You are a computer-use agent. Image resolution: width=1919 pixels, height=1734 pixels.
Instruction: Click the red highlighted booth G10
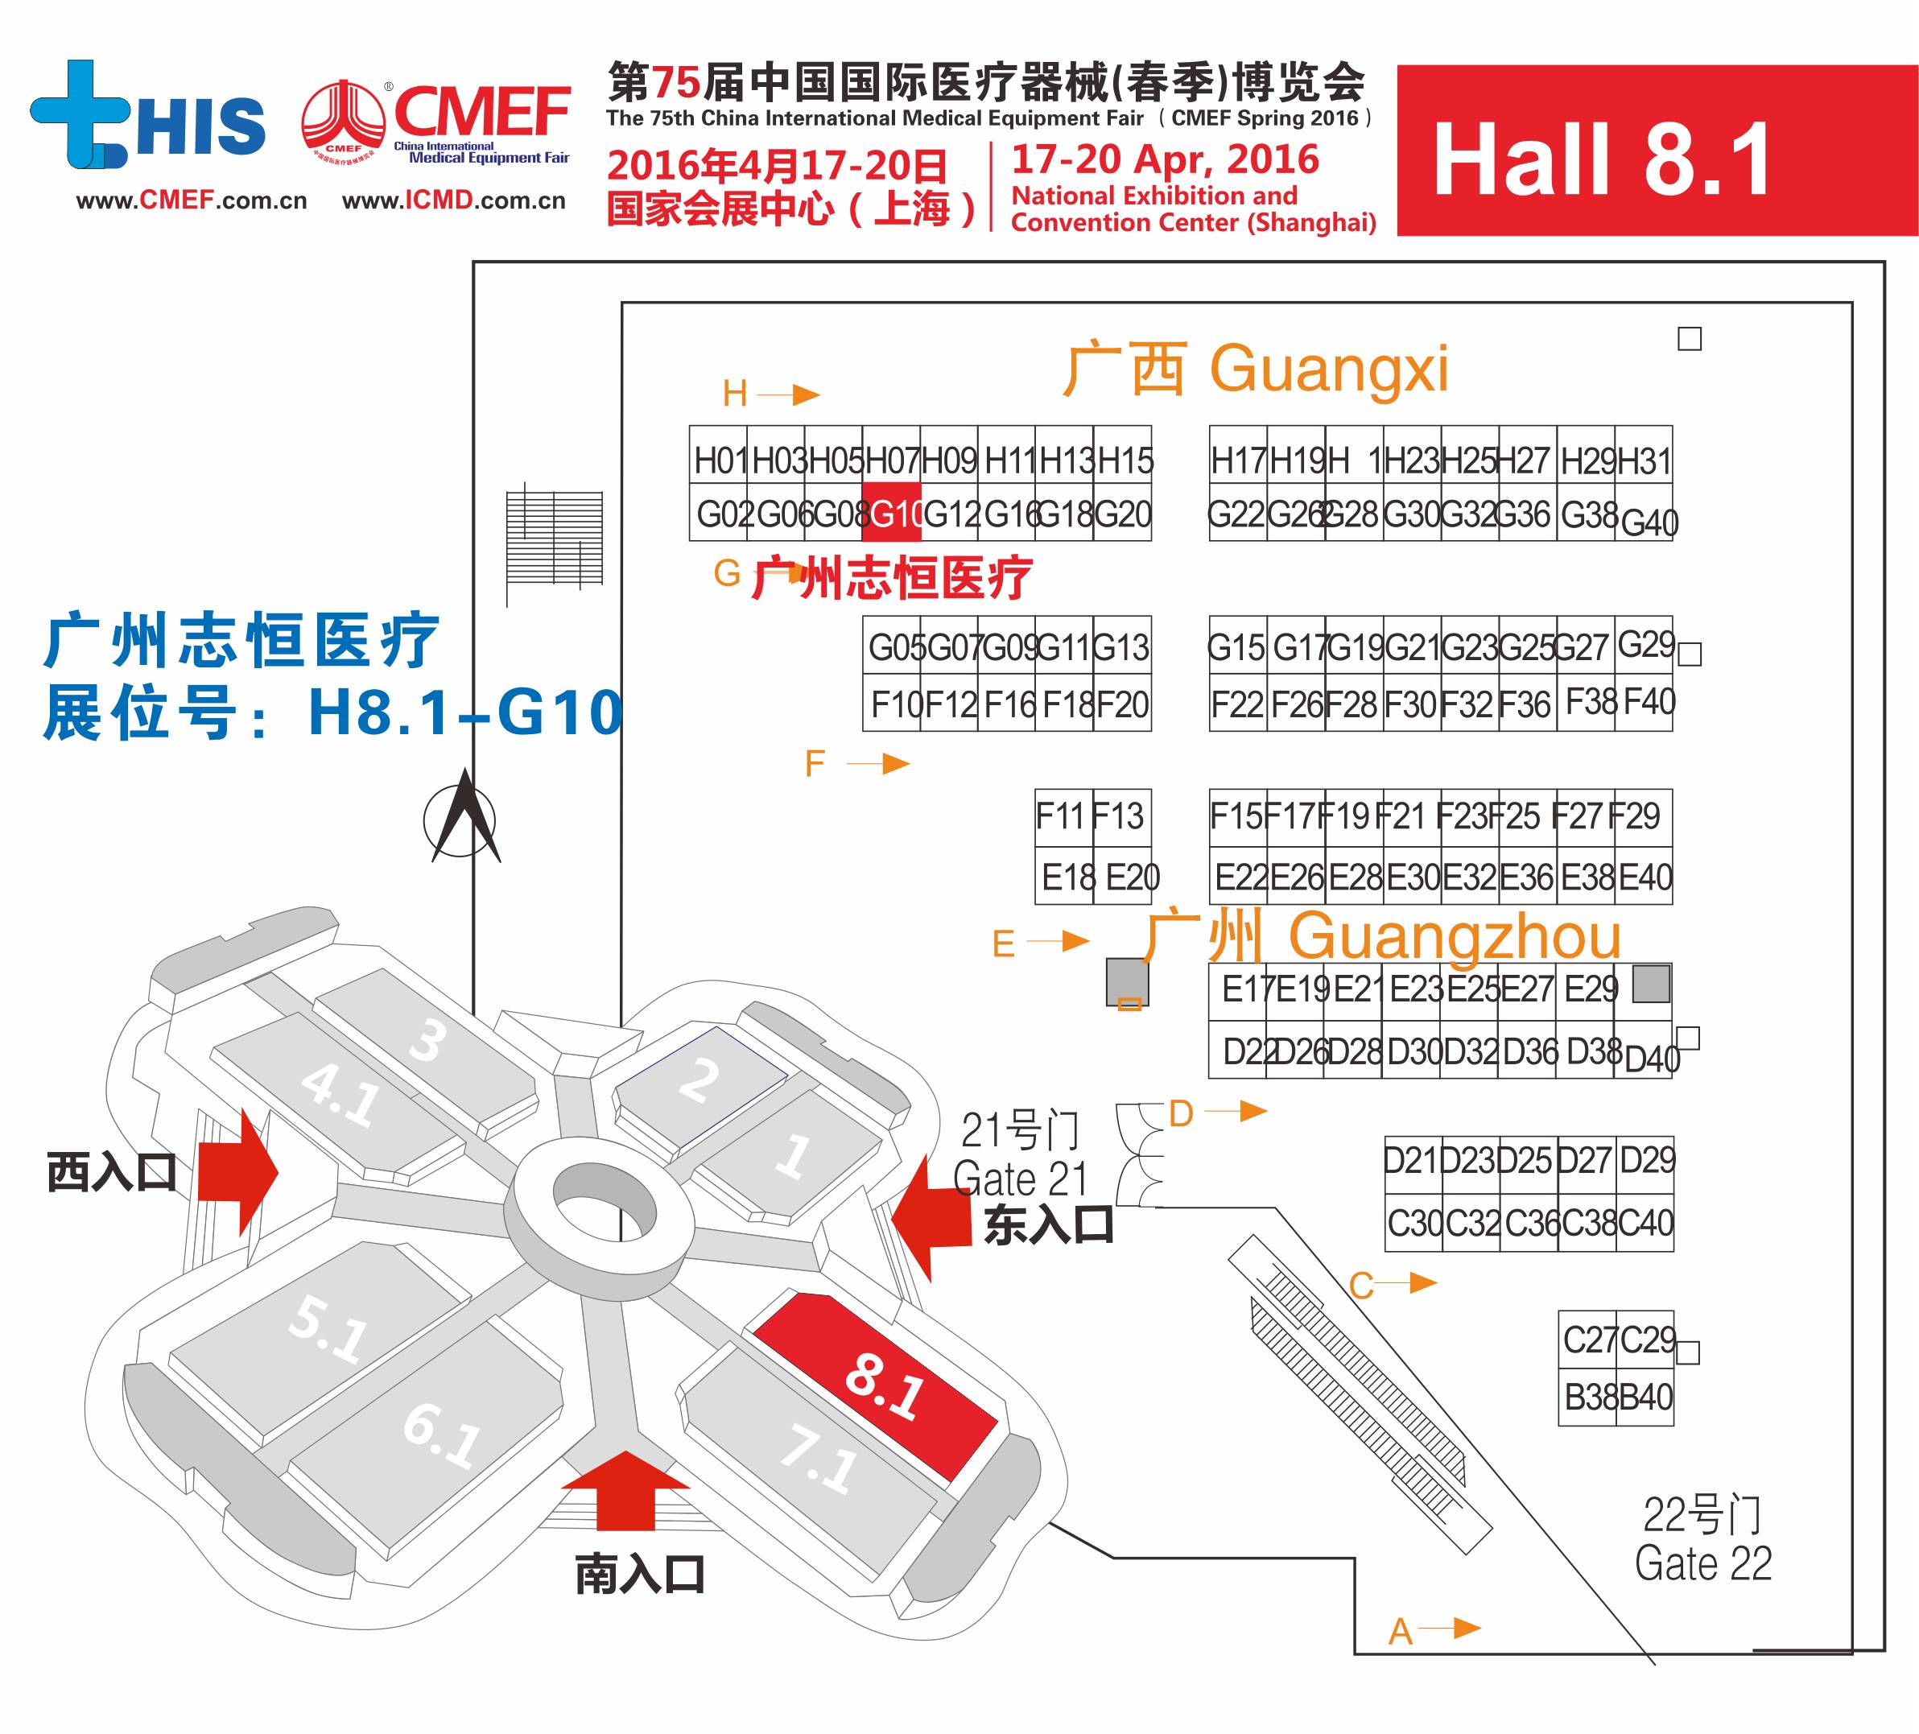(x=892, y=513)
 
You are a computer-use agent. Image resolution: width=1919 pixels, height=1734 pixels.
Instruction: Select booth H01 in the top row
(x=720, y=460)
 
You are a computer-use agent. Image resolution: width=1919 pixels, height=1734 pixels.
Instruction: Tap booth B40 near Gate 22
(x=1645, y=1397)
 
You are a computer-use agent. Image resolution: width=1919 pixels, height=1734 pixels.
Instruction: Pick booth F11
(x=1062, y=816)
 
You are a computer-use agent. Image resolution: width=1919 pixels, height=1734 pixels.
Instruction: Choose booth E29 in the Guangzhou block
(x=1590, y=989)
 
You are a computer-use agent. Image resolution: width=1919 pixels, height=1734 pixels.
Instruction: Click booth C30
(x=1413, y=1223)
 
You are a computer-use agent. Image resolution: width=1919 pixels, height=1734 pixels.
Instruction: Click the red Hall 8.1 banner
(x=1657, y=151)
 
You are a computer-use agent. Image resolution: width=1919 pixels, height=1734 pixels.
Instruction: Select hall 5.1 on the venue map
(x=324, y=1332)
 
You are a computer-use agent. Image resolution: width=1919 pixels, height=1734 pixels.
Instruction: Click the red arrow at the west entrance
(x=238, y=1172)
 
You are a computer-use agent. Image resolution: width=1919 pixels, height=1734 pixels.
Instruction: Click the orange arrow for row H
(x=791, y=394)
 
